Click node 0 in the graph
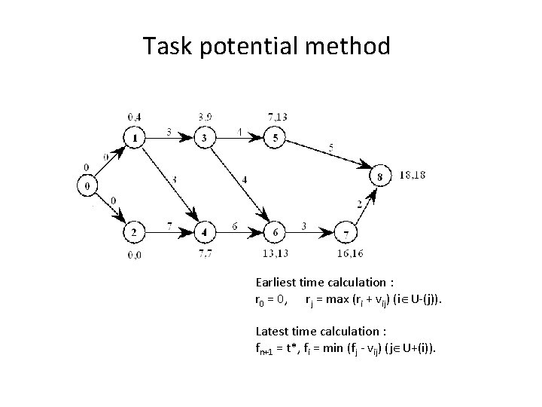click(x=88, y=185)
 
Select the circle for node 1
click(x=134, y=139)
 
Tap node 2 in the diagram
click(x=134, y=231)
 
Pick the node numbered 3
click(x=205, y=139)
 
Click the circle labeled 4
click(x=205, y=231)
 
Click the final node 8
click(x=380, y=176)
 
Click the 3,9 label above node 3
click(x=205, y=117)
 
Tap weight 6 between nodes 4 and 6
click(x=236, y=226)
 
